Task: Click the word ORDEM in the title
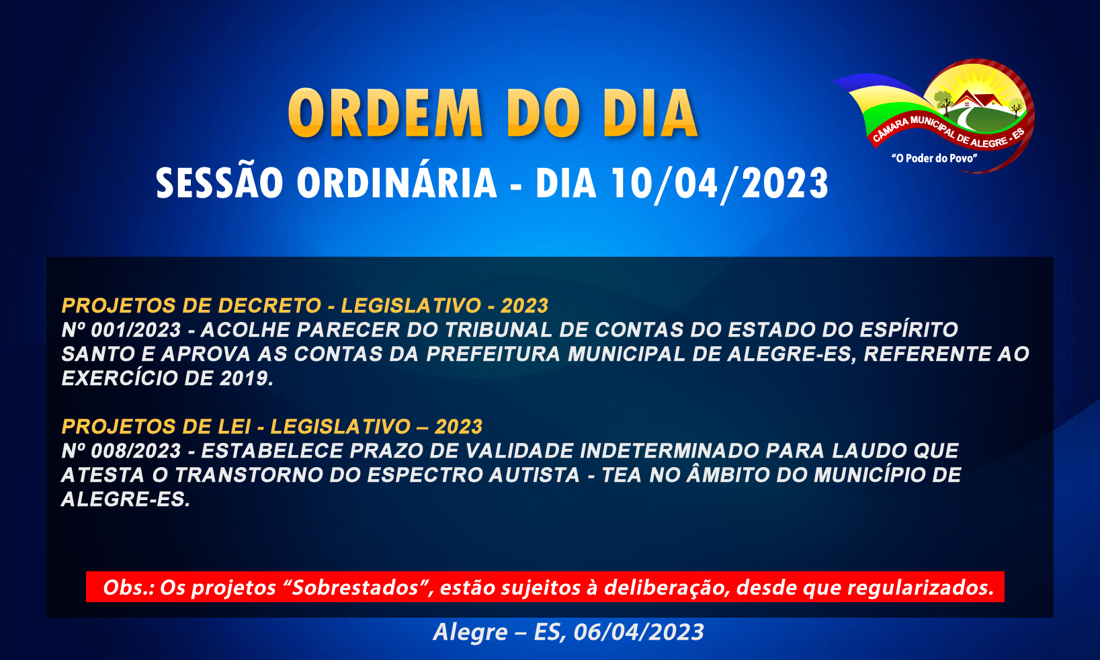(386, 113)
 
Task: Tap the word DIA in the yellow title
(650, 113)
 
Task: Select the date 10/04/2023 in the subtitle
(720, 183)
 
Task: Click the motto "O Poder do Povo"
(934, 158)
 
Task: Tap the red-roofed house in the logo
(976, 99)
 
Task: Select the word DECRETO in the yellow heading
(269, 305)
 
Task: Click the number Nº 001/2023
(122, 330)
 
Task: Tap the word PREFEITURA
(493, 354)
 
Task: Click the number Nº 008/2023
(122, 451)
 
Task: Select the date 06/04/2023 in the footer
(638, 632)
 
